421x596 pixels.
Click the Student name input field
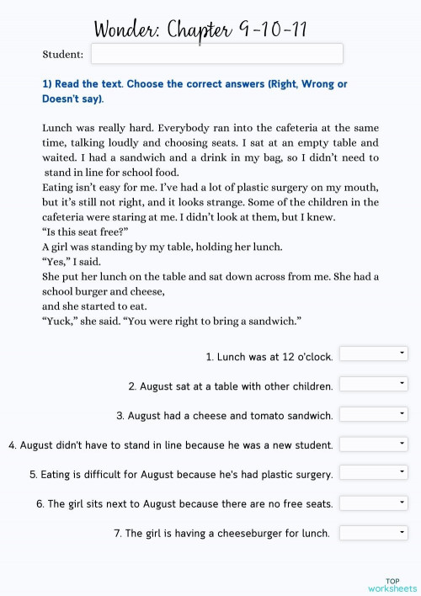click(x=216, y=54)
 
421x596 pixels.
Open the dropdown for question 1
click(x=373, y=354)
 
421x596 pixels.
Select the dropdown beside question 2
click(x=373, y=384)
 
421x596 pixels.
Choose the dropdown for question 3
click(x=373, y=413)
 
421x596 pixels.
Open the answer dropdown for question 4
click(x=373, y=443)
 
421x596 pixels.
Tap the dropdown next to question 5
click(x=373, y=472)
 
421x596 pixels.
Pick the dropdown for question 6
click(x=373, y=503)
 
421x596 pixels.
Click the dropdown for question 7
click(x=373, y=532)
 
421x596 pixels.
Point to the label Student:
click(x=63, y=55)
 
